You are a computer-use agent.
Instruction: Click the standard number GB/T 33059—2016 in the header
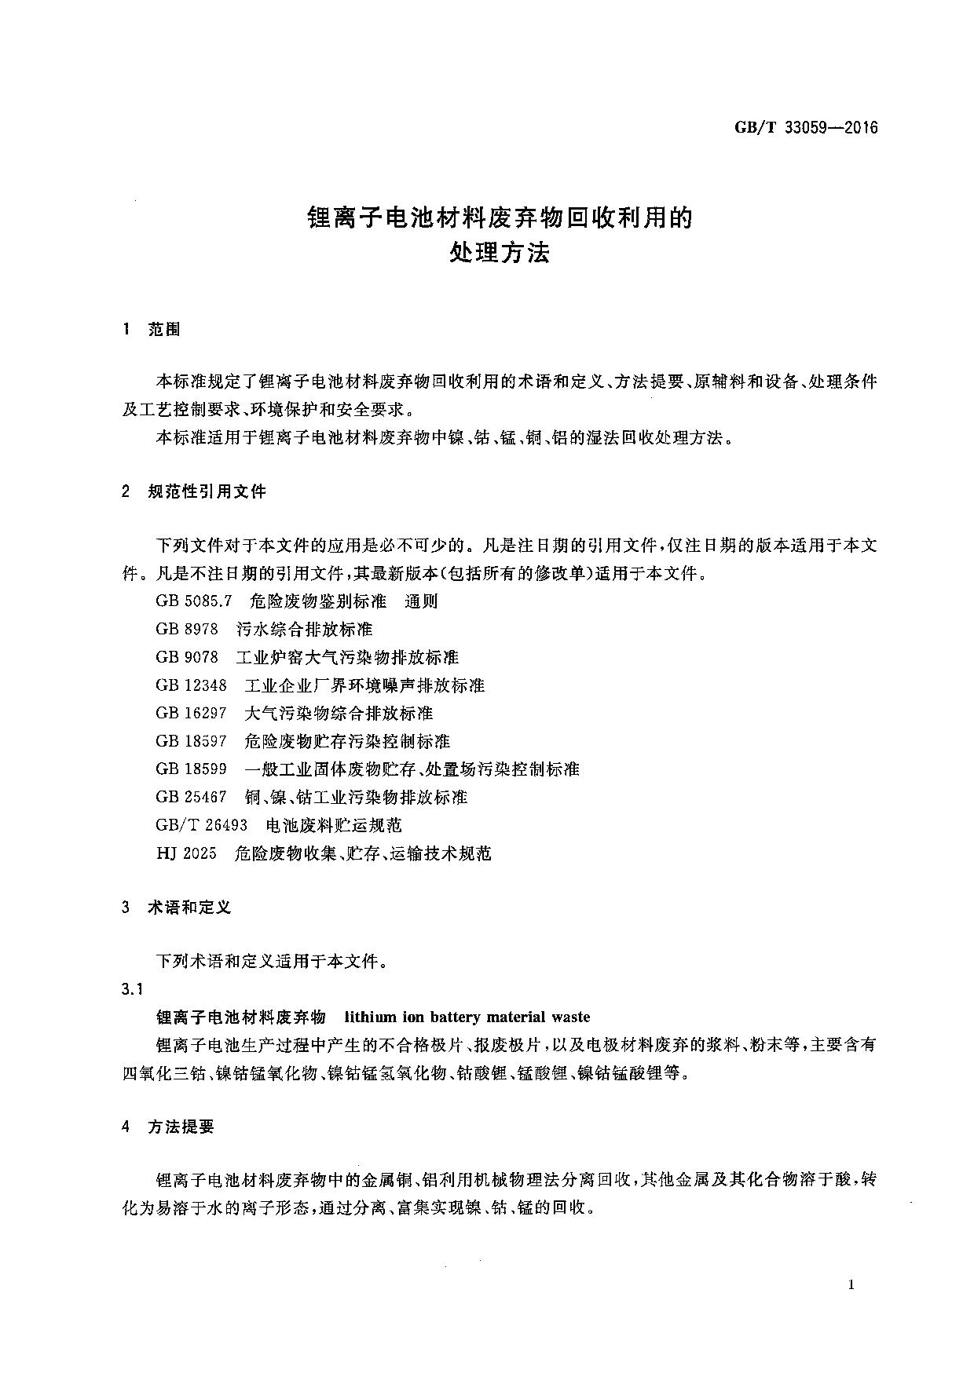[x=806, y=128]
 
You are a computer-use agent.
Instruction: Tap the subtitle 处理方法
[x=499, y=253]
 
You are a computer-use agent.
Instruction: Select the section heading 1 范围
[x=152, y=330]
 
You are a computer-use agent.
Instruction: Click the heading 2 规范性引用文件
[x=194, y=492]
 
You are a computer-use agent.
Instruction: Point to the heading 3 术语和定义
[x=177, y=908]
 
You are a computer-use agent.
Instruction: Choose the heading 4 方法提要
[x=168, y=1127]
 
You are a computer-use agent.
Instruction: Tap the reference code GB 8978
[x=187, y=630]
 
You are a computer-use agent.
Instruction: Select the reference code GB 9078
[x=187, y=657]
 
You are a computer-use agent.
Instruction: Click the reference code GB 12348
[x=191, y=685]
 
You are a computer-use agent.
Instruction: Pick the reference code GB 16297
[x=191, y=713]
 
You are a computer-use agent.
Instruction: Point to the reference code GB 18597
[x=191, y=741]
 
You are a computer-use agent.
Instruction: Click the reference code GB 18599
[x=191, y=769]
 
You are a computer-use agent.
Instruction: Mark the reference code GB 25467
[x=191, y=797]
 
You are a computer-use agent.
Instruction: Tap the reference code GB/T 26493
[x=202, y=825]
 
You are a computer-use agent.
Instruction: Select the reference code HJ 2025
[x=186, y=853]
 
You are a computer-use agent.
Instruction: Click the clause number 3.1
[x=132, y=989]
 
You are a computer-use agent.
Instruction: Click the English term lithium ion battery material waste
[x=467, y=1017]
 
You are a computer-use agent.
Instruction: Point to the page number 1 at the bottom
[x=851, y=1285]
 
